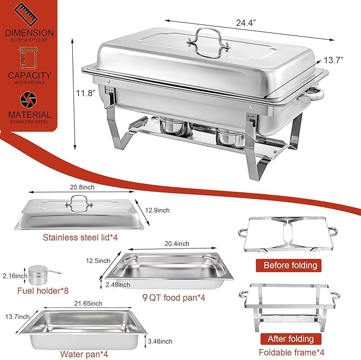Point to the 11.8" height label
click(85, 93)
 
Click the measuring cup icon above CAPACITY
click(29, 56)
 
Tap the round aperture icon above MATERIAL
click(29, 99)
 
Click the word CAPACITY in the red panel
click(29, 75)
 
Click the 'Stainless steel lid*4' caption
click(80, 237)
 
